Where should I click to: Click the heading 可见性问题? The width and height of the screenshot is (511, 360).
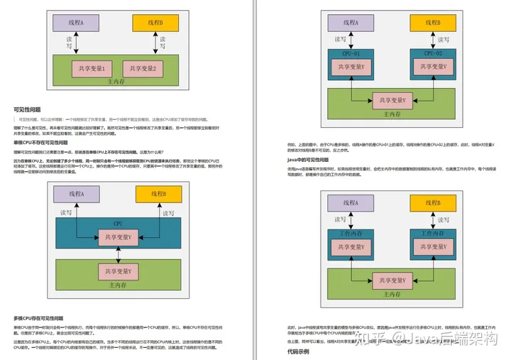click(x=28, y=110)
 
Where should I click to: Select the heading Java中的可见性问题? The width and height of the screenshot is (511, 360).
click(x=307, y=160)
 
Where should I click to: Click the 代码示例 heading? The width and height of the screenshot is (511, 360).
click(x=298, y=351)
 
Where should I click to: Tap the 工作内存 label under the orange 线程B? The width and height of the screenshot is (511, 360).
click(x=434, y=233)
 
